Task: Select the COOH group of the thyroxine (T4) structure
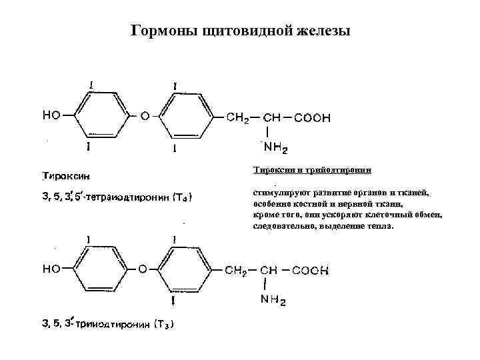[x=312, y=118]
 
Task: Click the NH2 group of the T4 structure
[x=275, y=147]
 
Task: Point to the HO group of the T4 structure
[x=52, y=115]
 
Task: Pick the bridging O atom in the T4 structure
[x=145, y=115]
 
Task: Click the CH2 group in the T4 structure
[x=238, y=118]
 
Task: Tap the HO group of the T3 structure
[x=52, y=269]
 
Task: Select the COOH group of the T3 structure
[x=311, y=271]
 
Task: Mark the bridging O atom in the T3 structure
[x=142, y=269]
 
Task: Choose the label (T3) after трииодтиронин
[x=163, y=325]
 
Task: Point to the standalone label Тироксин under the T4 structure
[x=67, y=176]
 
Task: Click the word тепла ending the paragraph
[x=383, y=226]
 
